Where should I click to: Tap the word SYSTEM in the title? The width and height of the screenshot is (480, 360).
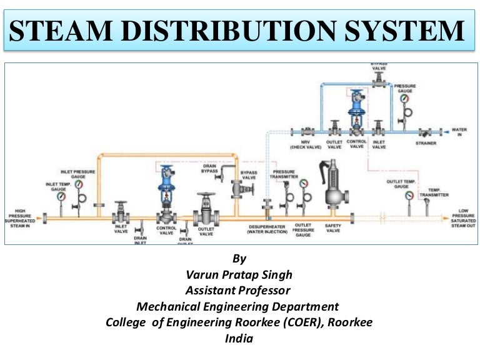[412, 31]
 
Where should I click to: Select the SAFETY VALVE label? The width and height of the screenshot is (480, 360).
[333, 228]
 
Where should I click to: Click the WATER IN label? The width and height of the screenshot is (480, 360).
[459, 132]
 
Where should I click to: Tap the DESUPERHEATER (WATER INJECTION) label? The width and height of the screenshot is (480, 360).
[267, 229]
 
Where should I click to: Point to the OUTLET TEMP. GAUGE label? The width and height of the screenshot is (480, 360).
[401, 184]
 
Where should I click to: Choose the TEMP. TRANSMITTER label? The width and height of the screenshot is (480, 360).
[437, 192]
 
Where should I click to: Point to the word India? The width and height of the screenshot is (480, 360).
[239, 339]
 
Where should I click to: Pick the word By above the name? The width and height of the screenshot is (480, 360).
[239, 257]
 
